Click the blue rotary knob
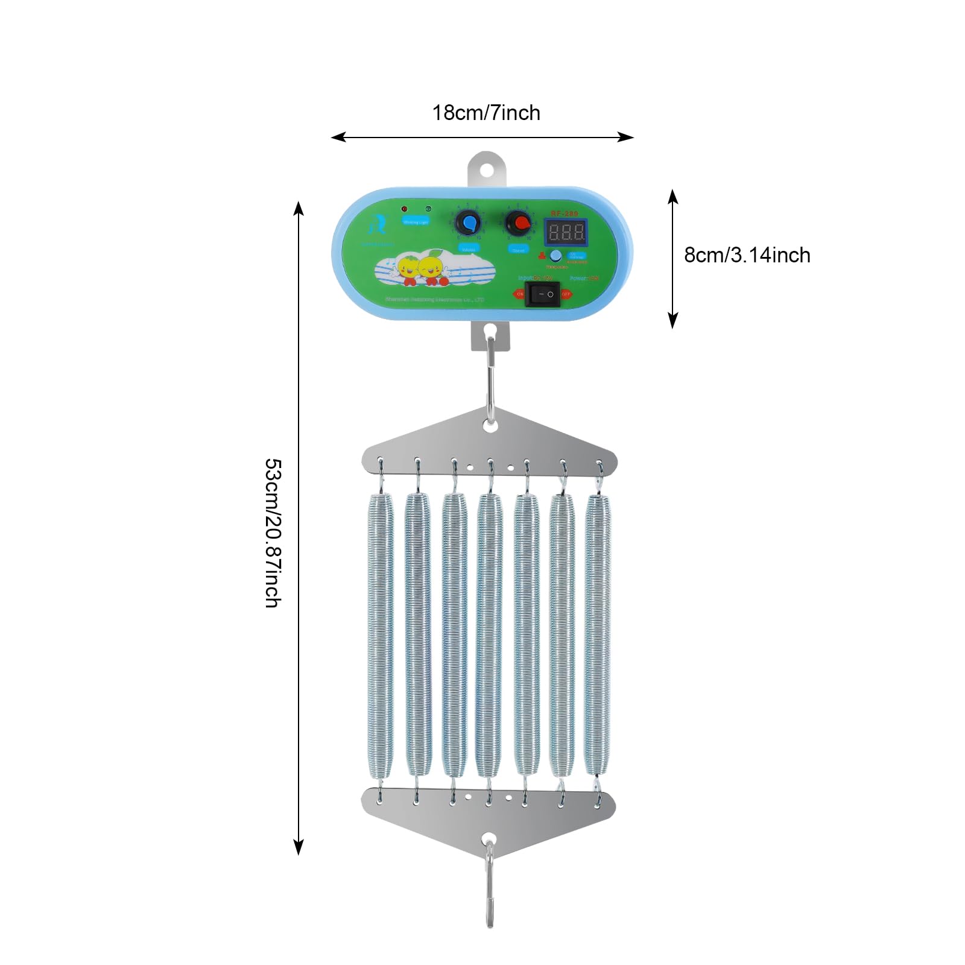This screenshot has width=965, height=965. coord(467,223)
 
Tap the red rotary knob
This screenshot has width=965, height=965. coord(518,224)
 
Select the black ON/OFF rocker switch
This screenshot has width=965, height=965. coord(542,294)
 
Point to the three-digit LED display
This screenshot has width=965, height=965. coord(566,232)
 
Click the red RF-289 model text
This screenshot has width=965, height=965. coord(564,214)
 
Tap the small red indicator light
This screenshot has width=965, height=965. coord(404,209)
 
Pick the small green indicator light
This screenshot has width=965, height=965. coord(428,209)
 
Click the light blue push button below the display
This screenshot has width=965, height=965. coord(556,256)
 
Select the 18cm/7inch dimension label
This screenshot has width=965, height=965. coord(486,113)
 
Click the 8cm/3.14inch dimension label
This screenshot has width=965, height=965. coord(747,255)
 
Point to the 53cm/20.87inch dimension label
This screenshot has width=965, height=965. coord(273,533)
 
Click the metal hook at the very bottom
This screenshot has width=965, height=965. coord(489,893)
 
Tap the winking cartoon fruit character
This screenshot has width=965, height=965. coord(431,268)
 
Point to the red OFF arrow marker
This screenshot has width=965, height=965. coord(566,294)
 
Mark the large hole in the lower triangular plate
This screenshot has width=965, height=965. coord(489,839)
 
